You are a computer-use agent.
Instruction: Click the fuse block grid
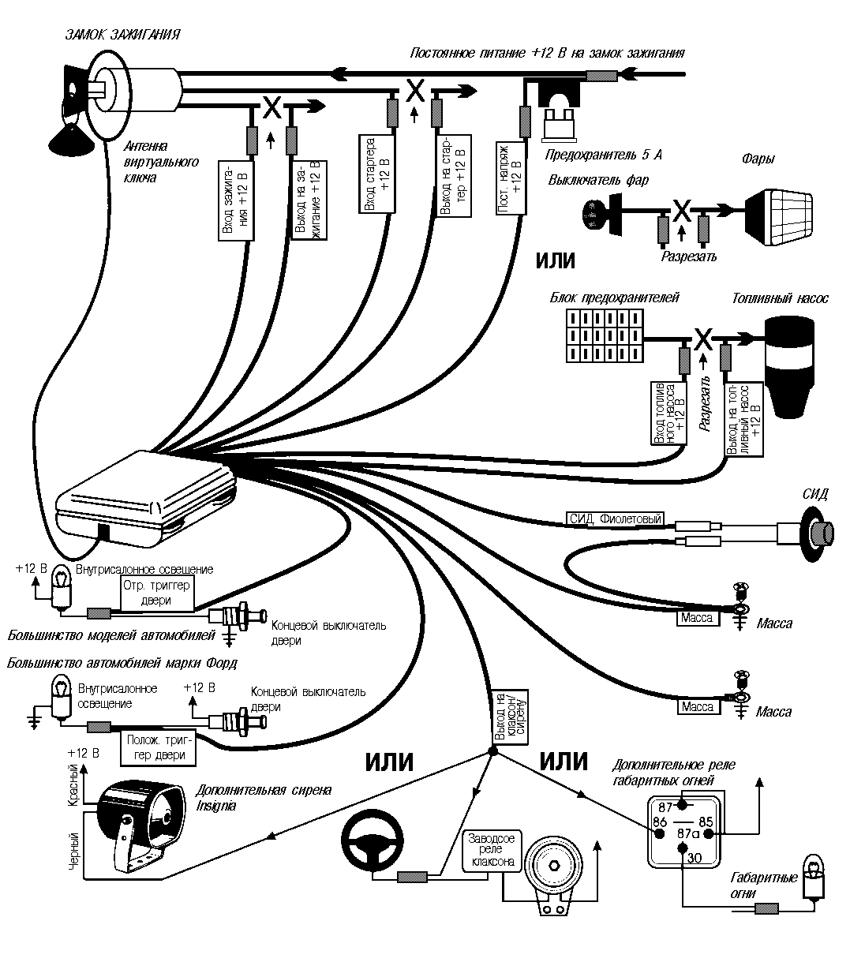(603, 335)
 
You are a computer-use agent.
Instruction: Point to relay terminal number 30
(694, 858)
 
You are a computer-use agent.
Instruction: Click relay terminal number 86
(659, 823)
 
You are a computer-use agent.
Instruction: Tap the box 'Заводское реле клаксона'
(492, 850)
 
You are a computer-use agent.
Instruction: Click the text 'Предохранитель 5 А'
(605, 155)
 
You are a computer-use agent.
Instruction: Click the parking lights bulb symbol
(813, 876)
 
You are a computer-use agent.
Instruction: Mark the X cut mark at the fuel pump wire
(703, 338)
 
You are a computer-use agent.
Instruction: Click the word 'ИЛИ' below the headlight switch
(556, 261)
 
